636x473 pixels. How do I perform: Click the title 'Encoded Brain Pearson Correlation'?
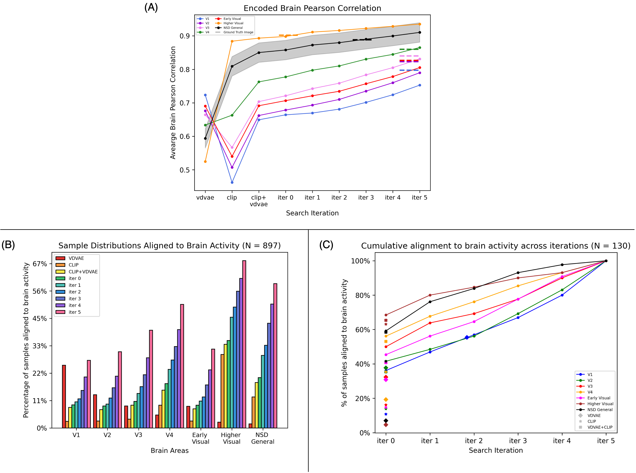coord(312,8)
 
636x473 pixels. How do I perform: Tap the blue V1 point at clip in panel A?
coord(232,182)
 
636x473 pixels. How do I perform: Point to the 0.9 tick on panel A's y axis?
coord(185,36)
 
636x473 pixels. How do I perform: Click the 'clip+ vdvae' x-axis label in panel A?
coord(259,201)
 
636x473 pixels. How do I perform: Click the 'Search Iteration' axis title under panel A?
coord(312,213)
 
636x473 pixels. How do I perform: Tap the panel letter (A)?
coord(151,8)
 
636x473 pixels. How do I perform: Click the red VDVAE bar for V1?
coord(64,396)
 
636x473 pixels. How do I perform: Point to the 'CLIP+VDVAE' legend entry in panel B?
coord(83,272)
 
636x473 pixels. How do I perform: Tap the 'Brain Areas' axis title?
coord(170,451)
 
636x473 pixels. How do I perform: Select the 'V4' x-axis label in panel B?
coord(169,435)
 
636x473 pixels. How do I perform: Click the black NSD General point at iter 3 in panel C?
coord(518,273)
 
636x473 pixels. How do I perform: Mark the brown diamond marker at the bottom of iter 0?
coord(386,425)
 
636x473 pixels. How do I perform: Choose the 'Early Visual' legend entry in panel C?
coord(599,398)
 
